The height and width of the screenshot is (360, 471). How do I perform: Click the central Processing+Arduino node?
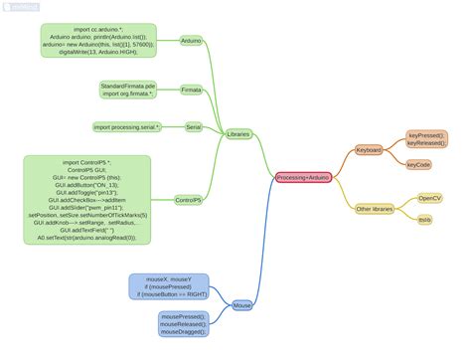tap(303, 177)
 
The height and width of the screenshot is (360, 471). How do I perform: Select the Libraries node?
tap(238, 133)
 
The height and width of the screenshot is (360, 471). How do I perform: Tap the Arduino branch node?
tap(191, 42)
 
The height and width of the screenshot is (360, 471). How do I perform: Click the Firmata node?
tap(191, 90)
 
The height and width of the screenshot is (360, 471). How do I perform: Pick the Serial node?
tap(193, 127)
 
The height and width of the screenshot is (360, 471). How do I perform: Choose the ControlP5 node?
tap(188, 200)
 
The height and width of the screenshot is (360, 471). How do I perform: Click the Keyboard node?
tap(369, 150)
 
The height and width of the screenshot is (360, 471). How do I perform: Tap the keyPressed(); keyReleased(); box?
tap(426, 138)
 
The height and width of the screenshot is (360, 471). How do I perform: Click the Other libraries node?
tap(375, 209)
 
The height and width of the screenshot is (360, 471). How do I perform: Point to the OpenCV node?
tap(429, 198)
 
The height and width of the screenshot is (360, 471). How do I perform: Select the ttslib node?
tap(424, 219)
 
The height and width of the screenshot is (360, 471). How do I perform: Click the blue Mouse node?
tap(242, 305)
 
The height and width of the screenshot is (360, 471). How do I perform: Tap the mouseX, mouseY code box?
tap(168, 287)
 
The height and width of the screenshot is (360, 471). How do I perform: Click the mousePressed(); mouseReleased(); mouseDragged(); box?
tap(183, 323)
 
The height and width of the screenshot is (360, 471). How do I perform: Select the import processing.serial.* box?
tap(126, 127)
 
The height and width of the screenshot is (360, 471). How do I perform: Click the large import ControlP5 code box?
tap(87, 200)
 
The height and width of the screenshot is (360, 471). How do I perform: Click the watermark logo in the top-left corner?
tap(20, 7)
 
